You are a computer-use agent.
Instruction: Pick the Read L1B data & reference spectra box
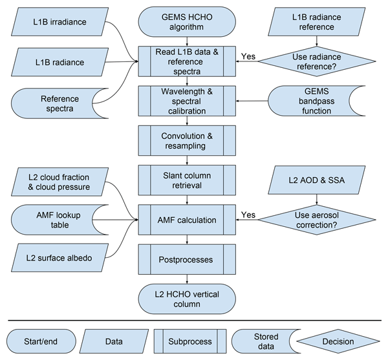[188, 61]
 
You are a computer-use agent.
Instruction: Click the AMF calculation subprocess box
[188, 220]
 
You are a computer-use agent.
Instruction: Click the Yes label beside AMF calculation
[248, 215]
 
